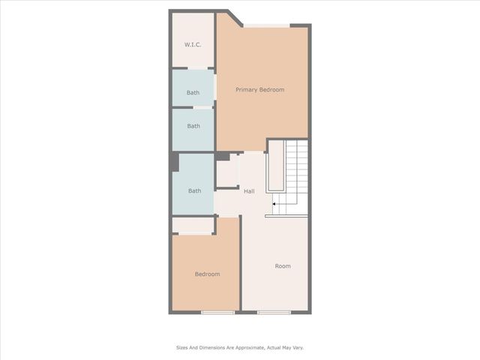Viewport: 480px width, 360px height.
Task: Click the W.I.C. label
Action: [193, 45]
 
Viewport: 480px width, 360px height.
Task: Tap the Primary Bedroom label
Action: [259, 90]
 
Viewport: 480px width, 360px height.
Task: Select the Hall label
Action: [248, 191]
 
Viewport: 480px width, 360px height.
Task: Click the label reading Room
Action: [282, 266]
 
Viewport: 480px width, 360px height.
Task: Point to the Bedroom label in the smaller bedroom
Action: [207, 274]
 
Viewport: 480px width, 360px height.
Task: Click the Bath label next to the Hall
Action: [194, 191]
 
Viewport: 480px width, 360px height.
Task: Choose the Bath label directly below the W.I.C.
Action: [193, 93]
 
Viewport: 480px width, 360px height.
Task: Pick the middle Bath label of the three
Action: [193, 127]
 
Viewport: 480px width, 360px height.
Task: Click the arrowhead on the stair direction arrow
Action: [274, 202]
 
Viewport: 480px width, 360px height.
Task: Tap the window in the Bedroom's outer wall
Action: [212, 312]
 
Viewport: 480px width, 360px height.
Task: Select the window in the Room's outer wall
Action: [274, 312]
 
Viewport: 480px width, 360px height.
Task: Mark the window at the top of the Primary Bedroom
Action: [266, 25]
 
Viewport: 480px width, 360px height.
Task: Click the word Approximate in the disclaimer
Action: [245, 347]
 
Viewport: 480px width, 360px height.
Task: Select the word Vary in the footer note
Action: [297, 347]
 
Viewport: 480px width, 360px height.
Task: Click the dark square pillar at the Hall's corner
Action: [223, 156]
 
